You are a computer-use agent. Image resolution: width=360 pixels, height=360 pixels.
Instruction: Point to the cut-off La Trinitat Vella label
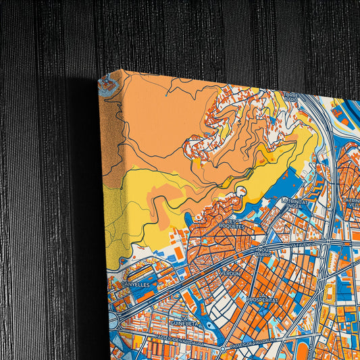click(351, 202)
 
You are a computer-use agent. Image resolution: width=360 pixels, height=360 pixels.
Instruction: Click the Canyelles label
click(139, 284)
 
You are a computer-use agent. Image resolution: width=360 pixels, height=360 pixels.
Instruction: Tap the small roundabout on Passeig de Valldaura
click(222, 347)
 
